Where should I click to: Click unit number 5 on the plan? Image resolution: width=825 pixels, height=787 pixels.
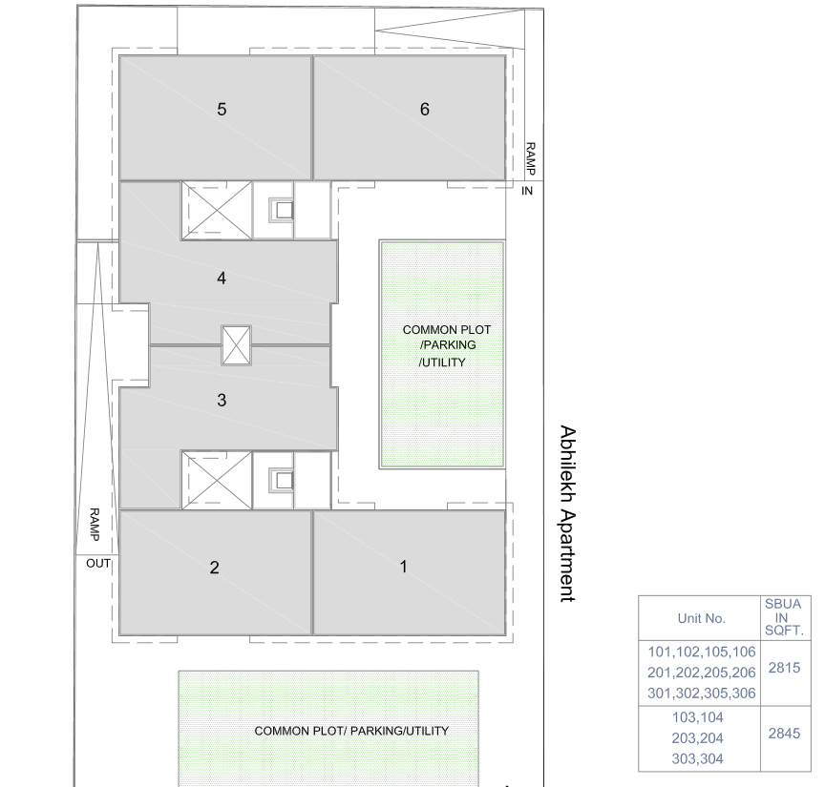coord(222,110)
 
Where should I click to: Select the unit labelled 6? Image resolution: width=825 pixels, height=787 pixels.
coord(425,110)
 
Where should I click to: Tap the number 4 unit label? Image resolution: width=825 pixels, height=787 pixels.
coord(222,279)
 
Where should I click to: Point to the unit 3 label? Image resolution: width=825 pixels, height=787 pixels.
coord(222,401)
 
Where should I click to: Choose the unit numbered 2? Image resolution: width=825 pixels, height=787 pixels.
coord(214,568)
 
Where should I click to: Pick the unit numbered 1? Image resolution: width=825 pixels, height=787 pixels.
coord(404,567)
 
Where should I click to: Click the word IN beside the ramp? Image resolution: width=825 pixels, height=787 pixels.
coord(527,191)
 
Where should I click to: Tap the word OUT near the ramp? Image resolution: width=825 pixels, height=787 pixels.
coord(98,564)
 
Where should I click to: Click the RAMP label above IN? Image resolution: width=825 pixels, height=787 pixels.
coord(530,158)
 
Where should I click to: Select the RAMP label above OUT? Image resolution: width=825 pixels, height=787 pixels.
coord(95,525)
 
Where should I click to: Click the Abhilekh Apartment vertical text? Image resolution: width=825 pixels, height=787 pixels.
coord(568,513)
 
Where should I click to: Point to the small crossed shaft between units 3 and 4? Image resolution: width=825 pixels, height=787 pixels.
coord(236,345)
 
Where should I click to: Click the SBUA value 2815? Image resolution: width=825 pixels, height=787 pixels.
coord(784,668)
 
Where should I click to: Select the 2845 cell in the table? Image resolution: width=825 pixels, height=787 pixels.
coord(784,734)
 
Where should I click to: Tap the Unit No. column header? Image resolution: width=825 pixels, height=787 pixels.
coord(701,619)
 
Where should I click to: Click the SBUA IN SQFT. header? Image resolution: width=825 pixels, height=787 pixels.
coord(784,617)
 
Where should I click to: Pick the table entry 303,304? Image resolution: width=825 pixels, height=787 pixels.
coord(698,759)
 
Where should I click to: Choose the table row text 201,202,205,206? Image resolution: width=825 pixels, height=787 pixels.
coord(702,673)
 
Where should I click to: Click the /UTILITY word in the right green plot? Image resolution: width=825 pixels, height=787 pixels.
coord(442,362)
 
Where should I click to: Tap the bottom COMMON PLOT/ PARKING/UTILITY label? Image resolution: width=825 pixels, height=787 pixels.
coord(351,732)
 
